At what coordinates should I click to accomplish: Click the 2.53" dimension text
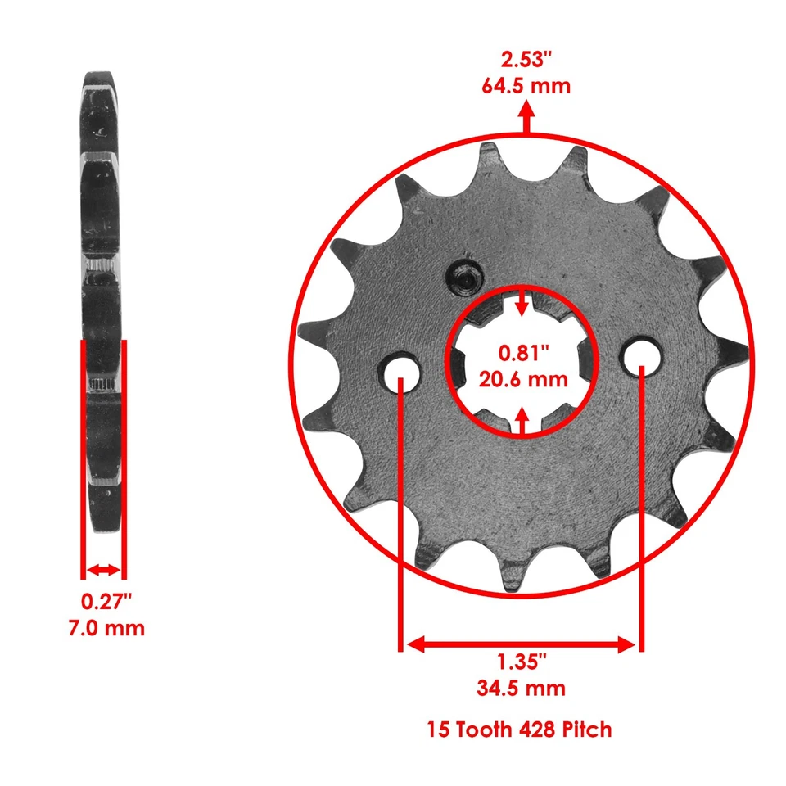click(525, 58)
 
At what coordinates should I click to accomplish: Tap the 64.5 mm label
click(525, 85)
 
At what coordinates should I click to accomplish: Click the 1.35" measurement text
click(521, 661)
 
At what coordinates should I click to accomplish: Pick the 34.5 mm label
click(521, 687)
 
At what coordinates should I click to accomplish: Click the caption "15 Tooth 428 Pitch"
click(519, 729)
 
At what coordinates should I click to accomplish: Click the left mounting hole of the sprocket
click(401, 369)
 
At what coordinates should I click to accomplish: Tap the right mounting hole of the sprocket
click(641, 355)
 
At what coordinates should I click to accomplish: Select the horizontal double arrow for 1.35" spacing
click(522, 644)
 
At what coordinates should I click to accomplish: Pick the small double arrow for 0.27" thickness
click(103, 569)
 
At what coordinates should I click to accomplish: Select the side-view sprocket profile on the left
click(102, 303)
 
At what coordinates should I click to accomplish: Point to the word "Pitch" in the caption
click(586, 729)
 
